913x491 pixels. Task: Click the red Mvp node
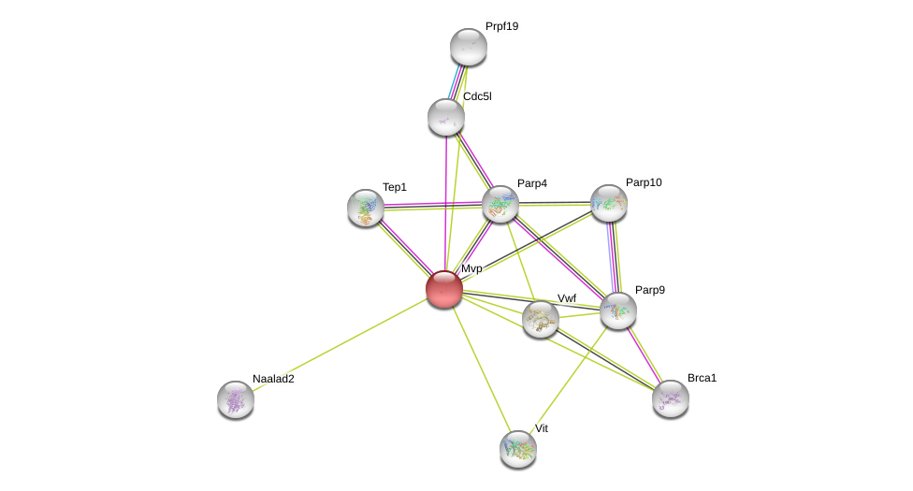click(x=444, y=289)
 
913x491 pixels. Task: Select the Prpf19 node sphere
click(x=468, y=47)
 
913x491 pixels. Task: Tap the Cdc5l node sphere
click(x=446, y=117)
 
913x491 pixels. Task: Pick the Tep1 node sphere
click(x=366, y=208)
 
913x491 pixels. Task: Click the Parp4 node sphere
click(x=500, y=204)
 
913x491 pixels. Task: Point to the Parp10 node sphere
click(x=609, y=203)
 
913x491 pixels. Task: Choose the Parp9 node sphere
click(x=618, y=310)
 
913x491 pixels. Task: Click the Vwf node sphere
click(x=541, y=319)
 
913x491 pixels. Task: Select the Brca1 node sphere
click(x=671, y=398)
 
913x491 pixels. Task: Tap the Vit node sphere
click(x=518, y=449)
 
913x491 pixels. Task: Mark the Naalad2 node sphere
click(x=236, y=399)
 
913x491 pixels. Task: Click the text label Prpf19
click(x=501, y=26)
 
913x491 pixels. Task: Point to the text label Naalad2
click(x=273, y=379)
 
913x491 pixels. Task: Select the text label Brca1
click(x=702, y=378)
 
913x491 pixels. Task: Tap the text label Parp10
click(x=644, y=182)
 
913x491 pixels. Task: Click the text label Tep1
click(x=395, y=187)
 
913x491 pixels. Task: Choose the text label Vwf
click(x=567, y=298)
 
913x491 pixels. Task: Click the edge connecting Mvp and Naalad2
click(x=341, y=343)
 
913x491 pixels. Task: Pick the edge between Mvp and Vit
click(x=481, y=368)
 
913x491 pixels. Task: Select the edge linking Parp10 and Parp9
click(x=614, y=257)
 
